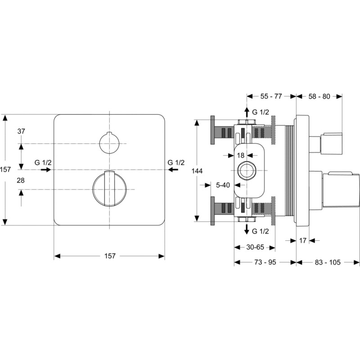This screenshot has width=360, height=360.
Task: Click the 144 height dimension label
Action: [197, 171]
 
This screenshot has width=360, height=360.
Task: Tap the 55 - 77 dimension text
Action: [271, 96]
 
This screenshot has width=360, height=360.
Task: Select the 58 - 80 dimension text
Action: [319, 96]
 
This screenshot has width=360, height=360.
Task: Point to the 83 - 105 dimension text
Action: [328, 262]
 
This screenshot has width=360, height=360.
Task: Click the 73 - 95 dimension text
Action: [265, 262]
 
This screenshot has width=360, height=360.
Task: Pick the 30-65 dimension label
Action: [255, 247]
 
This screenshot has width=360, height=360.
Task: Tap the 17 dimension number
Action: [303, 241]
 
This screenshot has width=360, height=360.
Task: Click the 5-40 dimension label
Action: [223, 185]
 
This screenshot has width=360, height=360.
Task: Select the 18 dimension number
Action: [240, 156]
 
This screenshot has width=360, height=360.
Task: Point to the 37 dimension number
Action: [21, 131]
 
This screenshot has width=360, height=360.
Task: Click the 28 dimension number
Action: [21, 180]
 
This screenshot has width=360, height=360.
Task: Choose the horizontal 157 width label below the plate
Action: [110, 256]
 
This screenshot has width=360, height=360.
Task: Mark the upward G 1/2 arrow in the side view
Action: [247, 113]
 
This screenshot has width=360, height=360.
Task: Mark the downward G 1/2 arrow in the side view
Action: [247, 229]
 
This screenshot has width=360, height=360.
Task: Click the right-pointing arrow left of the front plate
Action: [46, 170]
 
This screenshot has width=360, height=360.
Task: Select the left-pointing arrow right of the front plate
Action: [173, 170]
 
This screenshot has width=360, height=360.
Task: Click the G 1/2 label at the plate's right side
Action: [176, 162]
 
